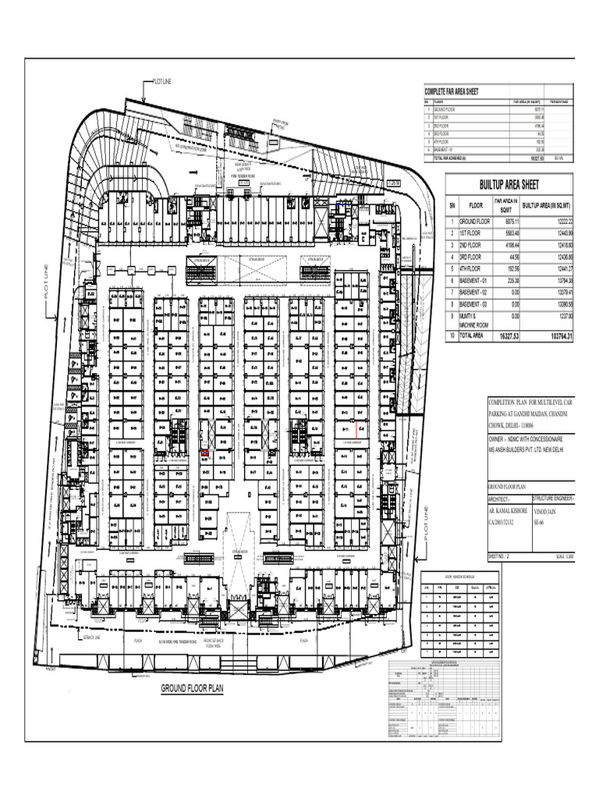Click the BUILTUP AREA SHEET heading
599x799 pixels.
click(509, 185)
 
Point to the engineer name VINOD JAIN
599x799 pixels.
click(545, 510)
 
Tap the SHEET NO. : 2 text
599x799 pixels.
click(498, 557)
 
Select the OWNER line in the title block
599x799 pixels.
click(526, 441)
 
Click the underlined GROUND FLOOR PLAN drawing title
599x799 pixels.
click(191, 689)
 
